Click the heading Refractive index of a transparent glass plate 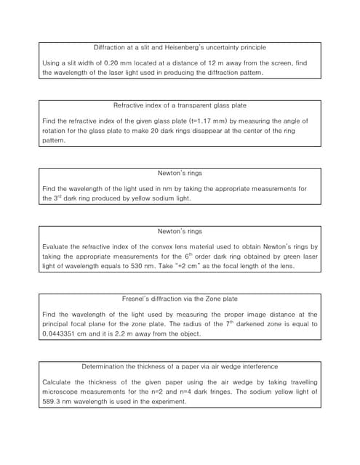179,105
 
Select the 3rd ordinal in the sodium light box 48,198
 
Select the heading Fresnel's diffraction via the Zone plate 179,299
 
